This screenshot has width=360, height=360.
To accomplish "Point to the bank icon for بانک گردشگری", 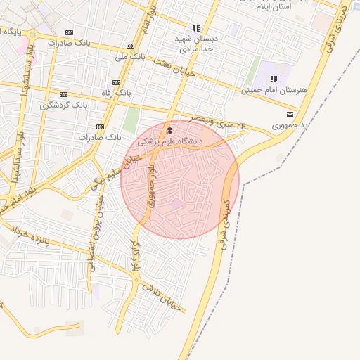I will point(63,94).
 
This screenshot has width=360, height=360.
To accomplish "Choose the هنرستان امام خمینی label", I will point(266,90).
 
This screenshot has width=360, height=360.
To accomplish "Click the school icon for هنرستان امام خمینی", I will point(274,79).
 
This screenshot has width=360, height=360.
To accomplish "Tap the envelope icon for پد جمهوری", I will point(290,114).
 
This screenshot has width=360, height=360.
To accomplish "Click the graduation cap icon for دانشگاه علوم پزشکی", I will point(169,131).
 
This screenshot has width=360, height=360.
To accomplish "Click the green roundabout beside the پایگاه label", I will point(32,34).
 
